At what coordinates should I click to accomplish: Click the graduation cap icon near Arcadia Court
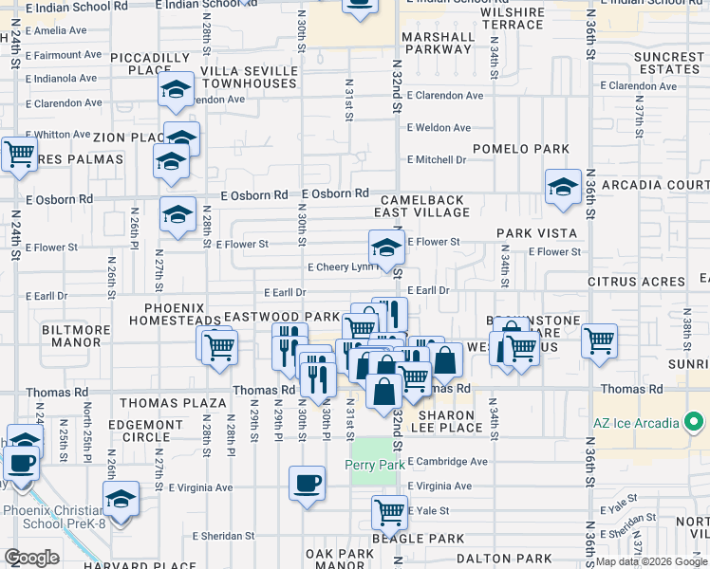coord(563,187)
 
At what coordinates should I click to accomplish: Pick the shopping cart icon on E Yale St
coord(389,512)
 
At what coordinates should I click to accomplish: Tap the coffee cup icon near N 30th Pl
coord(307,482)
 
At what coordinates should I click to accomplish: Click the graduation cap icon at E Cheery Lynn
coord(386,248)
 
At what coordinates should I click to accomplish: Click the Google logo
coord(31,558)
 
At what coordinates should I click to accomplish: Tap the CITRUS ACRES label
coord(636,282)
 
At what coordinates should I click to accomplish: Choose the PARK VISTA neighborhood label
coord(536,233)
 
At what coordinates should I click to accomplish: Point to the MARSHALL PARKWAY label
coord(437,44)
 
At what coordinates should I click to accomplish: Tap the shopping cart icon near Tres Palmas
coord(18,155)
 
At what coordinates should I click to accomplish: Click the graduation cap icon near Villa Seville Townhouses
coord(176,91)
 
